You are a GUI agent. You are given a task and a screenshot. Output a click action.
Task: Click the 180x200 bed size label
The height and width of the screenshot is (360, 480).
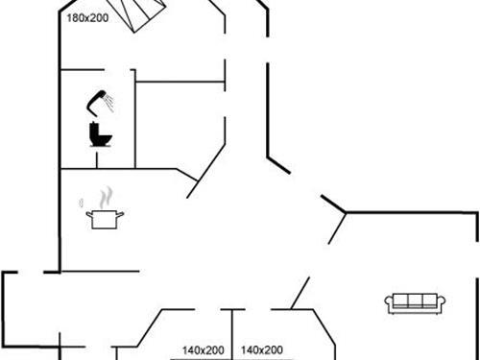click(x=85, y=17)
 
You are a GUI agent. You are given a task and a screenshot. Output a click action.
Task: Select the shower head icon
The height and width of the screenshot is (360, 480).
click(x=97, y=97)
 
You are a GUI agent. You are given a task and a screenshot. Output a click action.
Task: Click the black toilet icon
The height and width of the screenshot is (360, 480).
click(x=100, y=133)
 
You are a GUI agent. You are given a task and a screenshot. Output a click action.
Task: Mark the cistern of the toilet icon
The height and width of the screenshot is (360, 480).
click(x=95, y=128)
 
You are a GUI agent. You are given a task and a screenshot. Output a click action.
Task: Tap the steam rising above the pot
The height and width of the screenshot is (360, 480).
click(x=103, y=197)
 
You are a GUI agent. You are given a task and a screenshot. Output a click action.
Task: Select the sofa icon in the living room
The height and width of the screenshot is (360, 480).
click(x=415, y=301)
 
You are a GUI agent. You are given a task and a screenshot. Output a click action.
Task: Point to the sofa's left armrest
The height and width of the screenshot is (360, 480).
click(x=390, y=304)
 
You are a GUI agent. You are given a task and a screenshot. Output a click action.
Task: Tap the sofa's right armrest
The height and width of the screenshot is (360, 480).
click(x=441, y=304)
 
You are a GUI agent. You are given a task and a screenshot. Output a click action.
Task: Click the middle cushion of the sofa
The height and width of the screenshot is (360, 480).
click(x=415, y=301)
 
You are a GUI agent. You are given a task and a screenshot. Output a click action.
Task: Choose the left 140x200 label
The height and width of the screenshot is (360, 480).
click(x=204, y=350)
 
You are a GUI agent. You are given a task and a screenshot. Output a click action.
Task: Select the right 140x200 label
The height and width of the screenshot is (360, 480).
click(x=260, y=350)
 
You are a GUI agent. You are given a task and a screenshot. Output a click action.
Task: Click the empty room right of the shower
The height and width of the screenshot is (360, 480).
click(x=180, y=122)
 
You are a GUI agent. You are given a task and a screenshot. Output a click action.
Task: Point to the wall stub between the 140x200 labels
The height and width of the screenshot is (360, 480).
click(x=232, y=331)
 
